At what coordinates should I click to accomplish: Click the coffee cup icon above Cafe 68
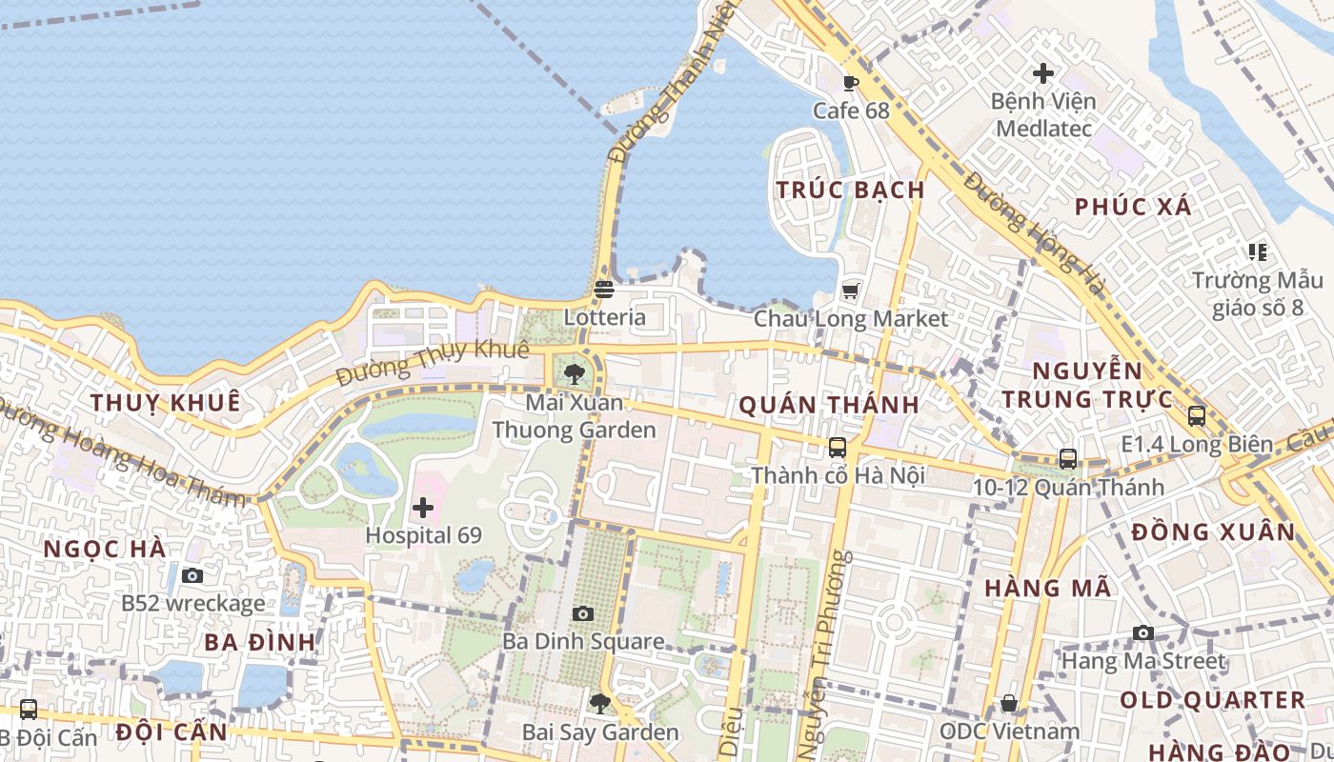point(851,83)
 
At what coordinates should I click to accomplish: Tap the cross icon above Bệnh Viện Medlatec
point(1043,72)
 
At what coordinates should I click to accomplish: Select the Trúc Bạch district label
point(850,190)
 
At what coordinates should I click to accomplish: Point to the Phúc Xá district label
point(1133,207)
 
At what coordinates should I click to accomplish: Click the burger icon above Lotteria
point(604,290)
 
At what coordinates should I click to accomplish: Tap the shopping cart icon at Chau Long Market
point(851,291)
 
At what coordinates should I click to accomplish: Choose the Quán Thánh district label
point(829,405)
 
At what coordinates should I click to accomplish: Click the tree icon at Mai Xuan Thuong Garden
point(574,373)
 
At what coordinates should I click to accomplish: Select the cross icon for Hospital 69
point(423,508)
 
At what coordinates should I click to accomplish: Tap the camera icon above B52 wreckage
point(192,575)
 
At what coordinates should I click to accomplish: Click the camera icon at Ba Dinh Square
point(583,614)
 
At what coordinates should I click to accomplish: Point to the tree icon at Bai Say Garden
point(599,704)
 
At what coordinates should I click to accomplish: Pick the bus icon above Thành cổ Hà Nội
point(838,447)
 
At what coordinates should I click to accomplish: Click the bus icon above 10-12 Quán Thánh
point(1068,459)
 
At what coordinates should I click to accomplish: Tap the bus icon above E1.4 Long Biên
point(1197,416)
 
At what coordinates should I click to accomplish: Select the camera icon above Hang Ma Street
point(1142,632)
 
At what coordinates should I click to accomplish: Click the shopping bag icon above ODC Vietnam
point(1009,704)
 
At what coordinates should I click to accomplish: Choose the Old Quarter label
point(1212,700)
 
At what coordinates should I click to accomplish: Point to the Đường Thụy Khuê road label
point(433,362)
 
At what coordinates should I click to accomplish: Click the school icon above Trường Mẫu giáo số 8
point(1258,252)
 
